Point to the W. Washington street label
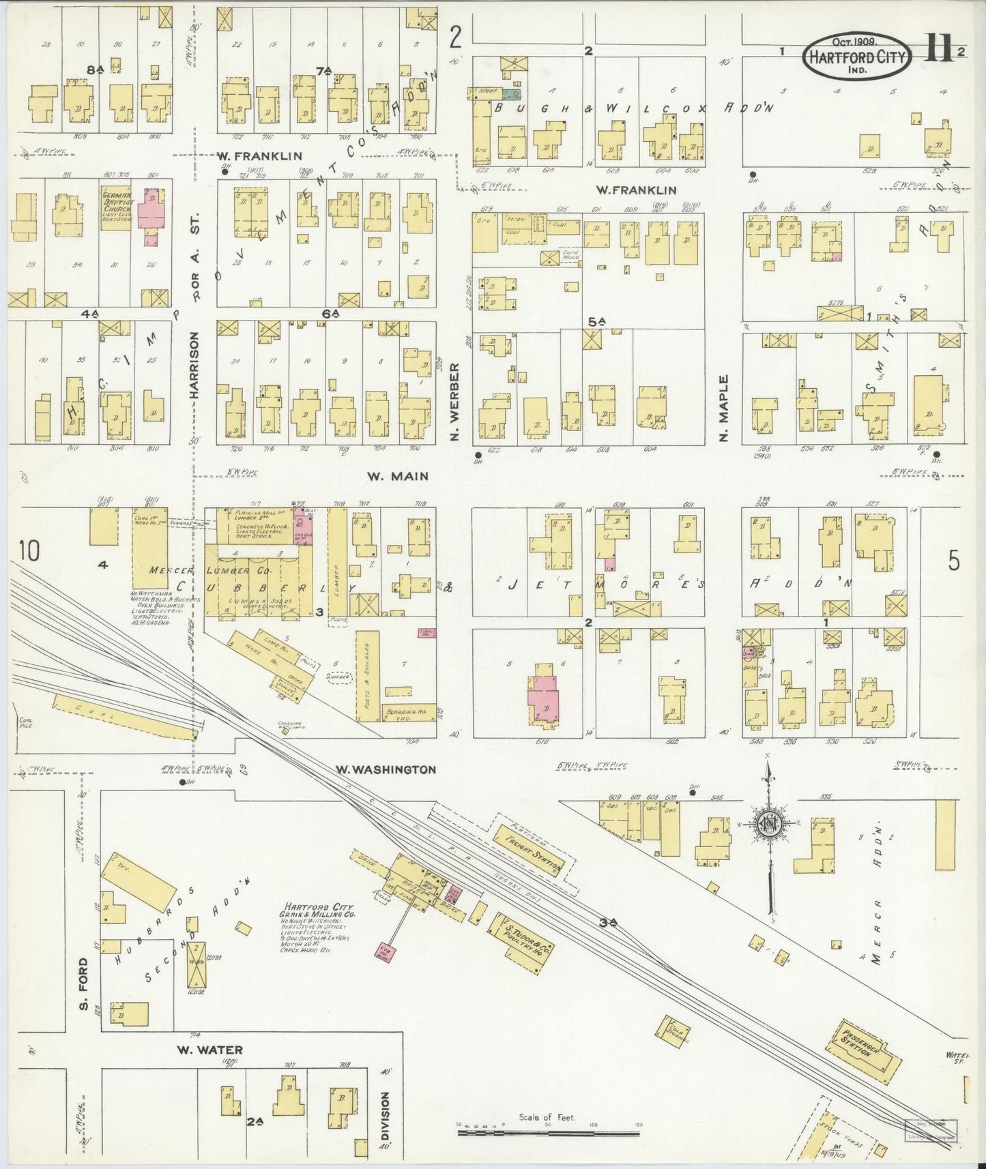point(385,769)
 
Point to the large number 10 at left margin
point(29,550)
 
